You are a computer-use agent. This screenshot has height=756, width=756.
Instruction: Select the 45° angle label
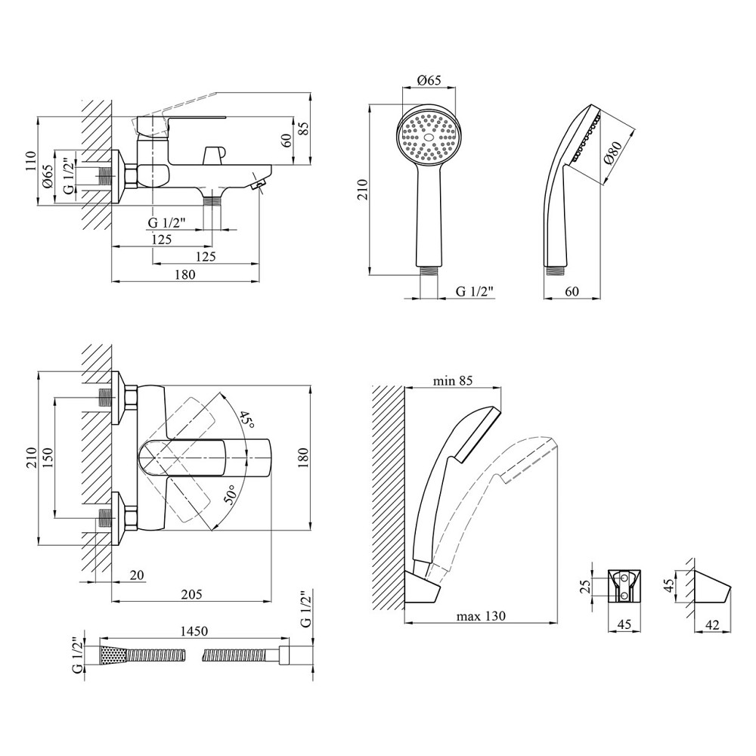tap(246, 419)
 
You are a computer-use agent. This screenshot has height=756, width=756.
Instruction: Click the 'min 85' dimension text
tap(452, 381)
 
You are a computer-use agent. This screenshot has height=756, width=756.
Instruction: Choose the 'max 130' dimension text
tap(481, 616)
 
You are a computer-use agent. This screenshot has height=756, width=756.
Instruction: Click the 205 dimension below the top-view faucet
tap(191, 594)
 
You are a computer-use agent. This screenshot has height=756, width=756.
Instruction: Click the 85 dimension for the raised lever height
tap(303, 129)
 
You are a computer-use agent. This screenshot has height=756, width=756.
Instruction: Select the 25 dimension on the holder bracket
tap(593, 587)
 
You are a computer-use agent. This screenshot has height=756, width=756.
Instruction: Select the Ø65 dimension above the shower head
tap(429, 81)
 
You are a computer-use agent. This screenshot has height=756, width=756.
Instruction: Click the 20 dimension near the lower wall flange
tap(137, 575)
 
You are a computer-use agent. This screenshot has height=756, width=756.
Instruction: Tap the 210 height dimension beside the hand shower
tap(362, 189)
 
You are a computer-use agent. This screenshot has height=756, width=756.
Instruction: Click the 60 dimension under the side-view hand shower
tap(572, 291)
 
